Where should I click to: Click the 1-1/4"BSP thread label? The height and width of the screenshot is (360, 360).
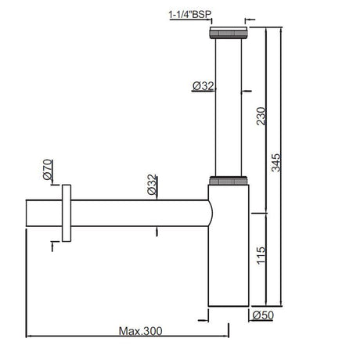[190, 14]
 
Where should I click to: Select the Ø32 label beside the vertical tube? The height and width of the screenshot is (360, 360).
[203, 86]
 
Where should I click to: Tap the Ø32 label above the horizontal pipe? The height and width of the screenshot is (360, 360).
[152, 185]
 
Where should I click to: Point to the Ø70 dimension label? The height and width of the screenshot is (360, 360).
[48, 170]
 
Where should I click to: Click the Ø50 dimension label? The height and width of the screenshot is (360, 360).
[263, 315]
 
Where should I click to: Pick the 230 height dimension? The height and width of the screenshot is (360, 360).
[261, 116]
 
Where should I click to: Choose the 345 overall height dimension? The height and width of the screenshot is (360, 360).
[276, 163]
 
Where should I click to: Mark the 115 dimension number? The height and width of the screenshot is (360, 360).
[261, 255]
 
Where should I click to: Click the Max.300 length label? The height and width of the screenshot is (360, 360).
[140, 331]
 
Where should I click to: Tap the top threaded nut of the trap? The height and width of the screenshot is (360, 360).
[228, 33]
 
